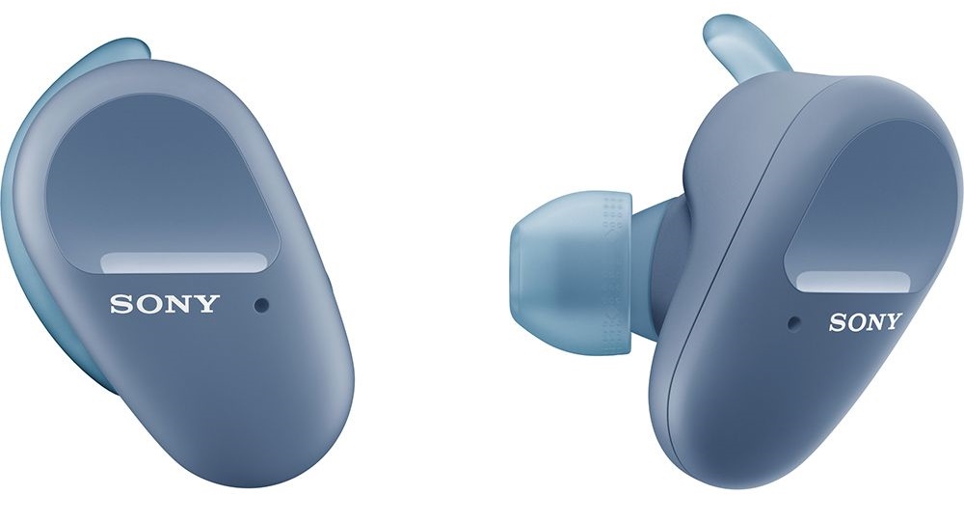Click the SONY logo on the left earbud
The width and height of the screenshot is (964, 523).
point(165,304)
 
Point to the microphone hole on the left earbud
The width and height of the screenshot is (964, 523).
point(262,305)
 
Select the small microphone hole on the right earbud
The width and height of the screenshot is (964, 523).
point(794,321)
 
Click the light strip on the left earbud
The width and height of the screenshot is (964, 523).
point(183,261)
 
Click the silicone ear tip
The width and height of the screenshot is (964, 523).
point(572,273)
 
